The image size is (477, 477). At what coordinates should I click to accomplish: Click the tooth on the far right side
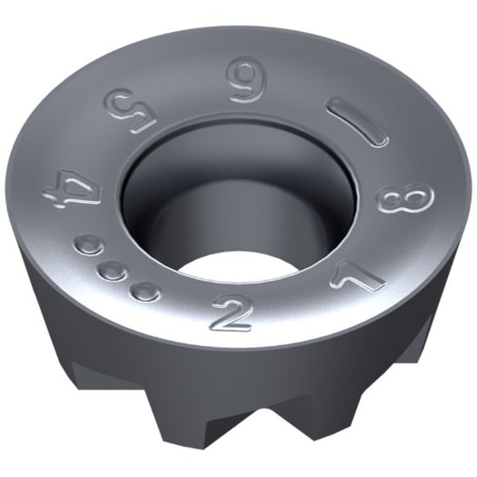click(425, 347)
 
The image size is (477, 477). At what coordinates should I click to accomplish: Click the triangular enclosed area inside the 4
click(61, 193)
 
